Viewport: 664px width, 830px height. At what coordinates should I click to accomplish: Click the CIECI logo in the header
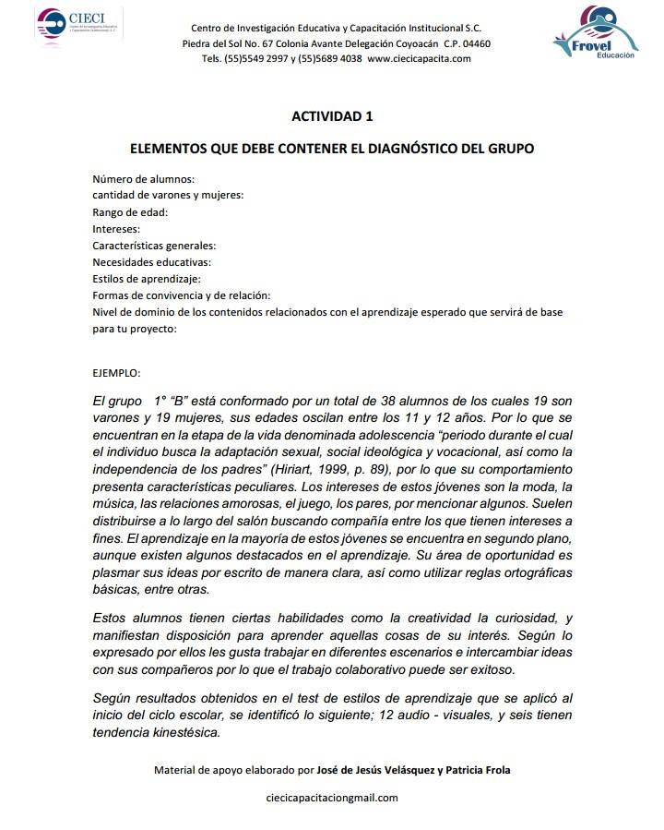coord(79,22)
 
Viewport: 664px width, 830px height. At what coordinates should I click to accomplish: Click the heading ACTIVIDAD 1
coord(332,116)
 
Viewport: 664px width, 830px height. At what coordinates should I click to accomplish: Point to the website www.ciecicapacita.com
coord(419,58)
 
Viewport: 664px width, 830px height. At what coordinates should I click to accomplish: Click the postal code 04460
coord(472,43)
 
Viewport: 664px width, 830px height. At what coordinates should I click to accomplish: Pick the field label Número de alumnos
coord(143,179)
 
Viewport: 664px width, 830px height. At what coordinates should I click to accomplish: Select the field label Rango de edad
coord(129,212)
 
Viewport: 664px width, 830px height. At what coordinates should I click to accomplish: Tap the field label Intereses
coord(116,229)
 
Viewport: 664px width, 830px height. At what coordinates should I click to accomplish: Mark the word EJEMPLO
coord(116,373)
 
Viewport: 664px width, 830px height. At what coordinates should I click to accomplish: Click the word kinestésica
coord(184,733)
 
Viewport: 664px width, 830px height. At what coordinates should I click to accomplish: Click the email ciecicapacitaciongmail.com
coord(331,799)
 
